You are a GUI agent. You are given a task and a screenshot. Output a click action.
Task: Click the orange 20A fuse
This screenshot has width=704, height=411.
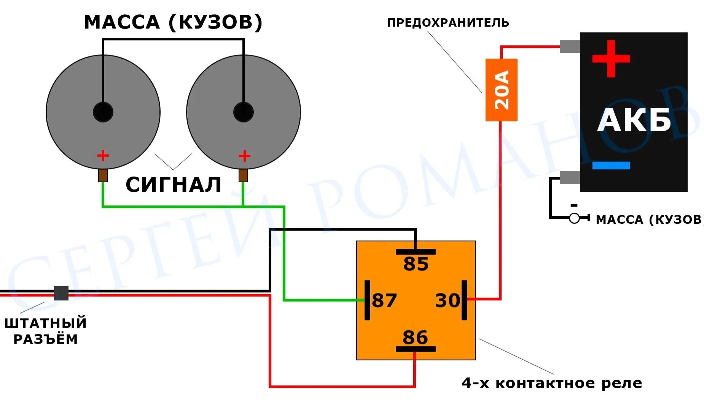(501, 90)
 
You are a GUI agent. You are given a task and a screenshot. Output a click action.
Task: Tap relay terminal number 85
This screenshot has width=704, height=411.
(416, 263)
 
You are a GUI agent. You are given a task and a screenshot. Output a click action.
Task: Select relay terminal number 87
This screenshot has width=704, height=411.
(384, 300)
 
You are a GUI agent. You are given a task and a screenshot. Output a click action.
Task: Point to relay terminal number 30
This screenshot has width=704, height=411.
(448, 300)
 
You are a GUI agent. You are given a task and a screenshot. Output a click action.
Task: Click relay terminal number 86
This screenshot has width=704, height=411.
(415, 337)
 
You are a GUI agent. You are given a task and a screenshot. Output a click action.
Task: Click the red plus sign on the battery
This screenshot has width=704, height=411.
(611, 59)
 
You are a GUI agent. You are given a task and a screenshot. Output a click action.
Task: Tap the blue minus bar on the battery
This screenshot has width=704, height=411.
(611, 165)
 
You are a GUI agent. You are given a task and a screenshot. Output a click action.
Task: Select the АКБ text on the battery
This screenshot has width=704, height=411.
(634, 120)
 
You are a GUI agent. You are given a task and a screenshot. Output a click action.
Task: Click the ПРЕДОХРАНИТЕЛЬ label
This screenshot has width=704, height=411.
(448, 23)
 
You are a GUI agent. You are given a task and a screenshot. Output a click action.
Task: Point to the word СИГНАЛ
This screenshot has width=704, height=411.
(174, 185)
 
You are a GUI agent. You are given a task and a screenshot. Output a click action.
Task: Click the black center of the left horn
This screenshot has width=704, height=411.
(103, 112)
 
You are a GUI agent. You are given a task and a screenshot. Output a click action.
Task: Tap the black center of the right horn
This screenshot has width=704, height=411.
(244, 112)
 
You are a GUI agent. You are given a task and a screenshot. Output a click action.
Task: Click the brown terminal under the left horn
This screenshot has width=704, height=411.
(103, 175)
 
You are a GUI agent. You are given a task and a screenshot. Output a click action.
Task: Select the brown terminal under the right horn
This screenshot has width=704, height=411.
(243, 175)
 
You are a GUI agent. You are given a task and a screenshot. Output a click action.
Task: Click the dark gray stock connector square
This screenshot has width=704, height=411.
(61, 293)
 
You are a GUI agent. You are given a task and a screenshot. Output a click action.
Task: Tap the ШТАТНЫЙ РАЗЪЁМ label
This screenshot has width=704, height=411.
(46, 331)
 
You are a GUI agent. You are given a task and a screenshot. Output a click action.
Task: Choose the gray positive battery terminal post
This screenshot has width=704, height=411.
(570, 46)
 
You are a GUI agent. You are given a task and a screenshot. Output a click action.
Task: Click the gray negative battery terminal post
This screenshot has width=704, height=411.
(570, 177)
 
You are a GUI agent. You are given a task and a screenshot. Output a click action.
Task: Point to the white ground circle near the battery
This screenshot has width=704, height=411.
(574, 218)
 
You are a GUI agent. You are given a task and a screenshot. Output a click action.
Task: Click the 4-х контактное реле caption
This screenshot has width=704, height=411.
(552, 383)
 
